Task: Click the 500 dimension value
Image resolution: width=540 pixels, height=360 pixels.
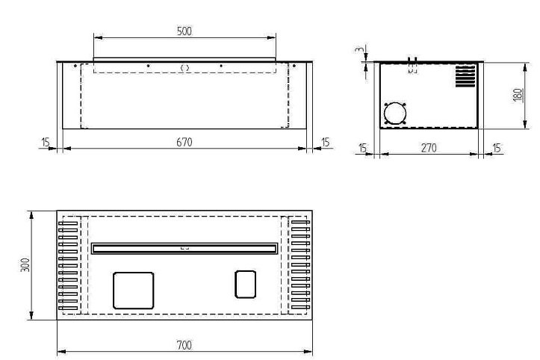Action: pyautogui.click(x=184, y=31)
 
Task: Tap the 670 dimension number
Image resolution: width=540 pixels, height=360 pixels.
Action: pyautogui.click(x=184, y=142)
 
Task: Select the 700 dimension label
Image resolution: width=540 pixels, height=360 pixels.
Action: pyautogui.click(x=184, y=345)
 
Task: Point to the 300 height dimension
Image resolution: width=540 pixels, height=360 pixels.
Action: pyautogui.click(x=25, y=265)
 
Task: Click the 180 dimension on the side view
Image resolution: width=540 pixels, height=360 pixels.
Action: pyautogui.click(x=518, y=95)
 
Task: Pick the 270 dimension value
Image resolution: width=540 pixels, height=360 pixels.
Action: pyautogui.click(x=429, y=148)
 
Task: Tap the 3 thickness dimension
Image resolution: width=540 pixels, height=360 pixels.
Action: pyautogui.click(x=359, y=49)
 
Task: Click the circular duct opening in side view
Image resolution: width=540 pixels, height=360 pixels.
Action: pyautogui.click(x=395, y=113)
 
